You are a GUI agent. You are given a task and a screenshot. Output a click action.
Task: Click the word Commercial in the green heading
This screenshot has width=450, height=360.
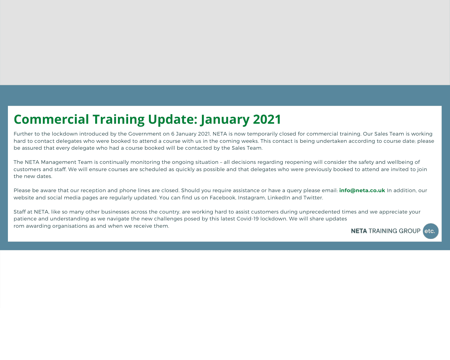tap(51, 119)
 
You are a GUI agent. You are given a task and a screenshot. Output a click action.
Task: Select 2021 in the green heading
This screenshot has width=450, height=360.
tap(267, 119)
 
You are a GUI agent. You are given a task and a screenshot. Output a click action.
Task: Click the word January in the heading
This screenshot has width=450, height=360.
tap(225, 119)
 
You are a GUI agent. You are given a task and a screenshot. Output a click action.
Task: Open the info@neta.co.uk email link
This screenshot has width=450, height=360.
tap(362, 191)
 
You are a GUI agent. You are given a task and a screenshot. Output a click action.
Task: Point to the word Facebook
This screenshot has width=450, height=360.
tap(222, 198)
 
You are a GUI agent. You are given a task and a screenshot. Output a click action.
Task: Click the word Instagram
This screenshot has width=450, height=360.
tap(251, 198)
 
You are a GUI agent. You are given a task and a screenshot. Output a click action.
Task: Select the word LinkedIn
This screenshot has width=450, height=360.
tap(279, 198)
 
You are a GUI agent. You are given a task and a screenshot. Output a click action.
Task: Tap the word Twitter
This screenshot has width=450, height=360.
tap(313, 198)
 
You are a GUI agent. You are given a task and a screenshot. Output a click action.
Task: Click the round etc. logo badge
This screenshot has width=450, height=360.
tap(431, 231)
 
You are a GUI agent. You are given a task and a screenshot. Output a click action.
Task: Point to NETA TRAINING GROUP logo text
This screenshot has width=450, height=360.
tap(385, 231)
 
